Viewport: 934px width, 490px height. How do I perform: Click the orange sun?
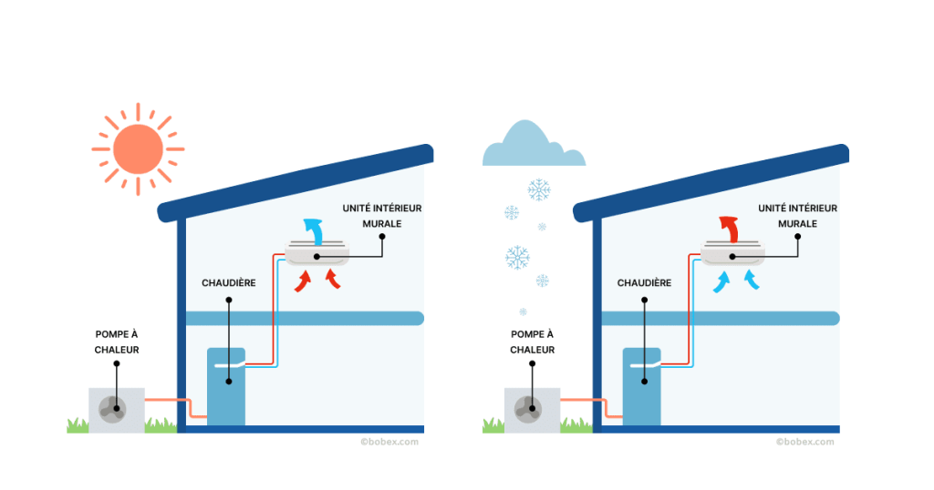click(138, 148)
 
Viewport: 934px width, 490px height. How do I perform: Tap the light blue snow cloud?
click(533, 150)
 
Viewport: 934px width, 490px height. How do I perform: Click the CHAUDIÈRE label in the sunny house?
click(228, 283)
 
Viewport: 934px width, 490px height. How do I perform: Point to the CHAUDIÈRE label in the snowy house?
click(644, 283)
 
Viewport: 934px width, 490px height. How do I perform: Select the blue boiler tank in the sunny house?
click(226, 386)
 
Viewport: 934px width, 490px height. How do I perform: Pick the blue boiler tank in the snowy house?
click(642, 386)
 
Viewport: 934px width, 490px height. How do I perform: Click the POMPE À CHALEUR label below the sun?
click(117, 342)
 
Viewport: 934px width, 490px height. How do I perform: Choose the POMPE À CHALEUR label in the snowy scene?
click(533, 342)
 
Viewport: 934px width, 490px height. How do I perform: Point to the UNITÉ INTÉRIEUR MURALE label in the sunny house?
click(382, 215)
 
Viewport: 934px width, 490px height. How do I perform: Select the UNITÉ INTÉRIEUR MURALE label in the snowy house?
click(797, 215)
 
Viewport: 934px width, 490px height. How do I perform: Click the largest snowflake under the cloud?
click(518, 258)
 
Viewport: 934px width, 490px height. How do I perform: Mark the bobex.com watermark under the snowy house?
click(804, 442)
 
